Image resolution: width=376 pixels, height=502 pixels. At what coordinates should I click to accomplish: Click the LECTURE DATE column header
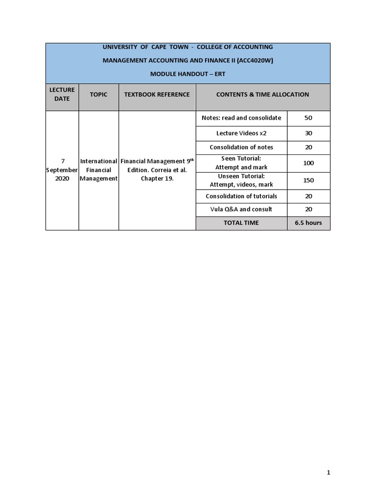coord(62,94)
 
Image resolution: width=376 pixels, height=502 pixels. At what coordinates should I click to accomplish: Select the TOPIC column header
coord(98,94)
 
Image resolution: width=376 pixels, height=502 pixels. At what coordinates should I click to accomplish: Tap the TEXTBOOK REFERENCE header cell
coord(157,94)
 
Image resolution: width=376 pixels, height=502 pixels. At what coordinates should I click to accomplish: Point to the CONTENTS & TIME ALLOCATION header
coord(262,94)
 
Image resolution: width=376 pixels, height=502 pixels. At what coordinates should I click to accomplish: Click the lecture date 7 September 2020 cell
coord(62,170)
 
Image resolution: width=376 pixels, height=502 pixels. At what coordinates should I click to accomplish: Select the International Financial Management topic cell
coord(98,170)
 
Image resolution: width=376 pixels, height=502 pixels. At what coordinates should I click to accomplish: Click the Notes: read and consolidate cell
coord(241,118)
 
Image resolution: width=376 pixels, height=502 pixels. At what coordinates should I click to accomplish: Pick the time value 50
coord(308,118)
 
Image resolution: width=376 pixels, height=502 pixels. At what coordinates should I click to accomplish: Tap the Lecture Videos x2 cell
coord(241,133)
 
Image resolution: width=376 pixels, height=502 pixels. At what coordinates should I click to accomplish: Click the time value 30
coord(308,133)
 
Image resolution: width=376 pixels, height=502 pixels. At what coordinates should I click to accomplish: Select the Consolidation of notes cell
coord(241,147)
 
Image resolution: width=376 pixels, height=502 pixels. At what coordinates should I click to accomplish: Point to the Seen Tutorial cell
coord(241,163)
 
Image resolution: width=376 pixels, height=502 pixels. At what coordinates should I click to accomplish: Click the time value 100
coord(308,163)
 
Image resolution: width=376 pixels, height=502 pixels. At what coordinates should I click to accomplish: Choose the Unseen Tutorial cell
coord(241,180)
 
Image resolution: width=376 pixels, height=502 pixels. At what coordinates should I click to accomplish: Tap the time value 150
coord(308,180)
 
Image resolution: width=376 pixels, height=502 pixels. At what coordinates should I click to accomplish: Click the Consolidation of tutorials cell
coord(241,196)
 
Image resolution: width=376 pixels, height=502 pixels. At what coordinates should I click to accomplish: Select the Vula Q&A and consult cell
coord(241,209)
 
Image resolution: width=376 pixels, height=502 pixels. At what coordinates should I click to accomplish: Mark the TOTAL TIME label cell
coord(241,223)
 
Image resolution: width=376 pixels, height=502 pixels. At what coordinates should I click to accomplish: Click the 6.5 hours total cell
coord(308,223)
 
